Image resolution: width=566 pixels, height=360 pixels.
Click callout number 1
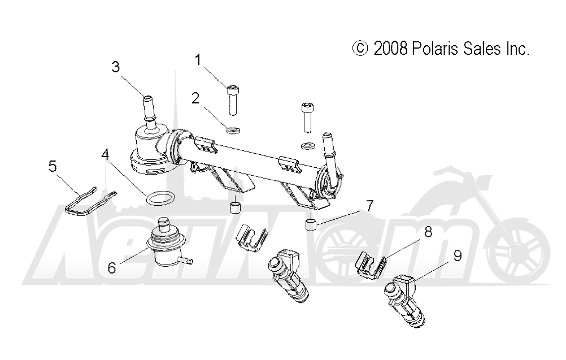click(x=198, y=59)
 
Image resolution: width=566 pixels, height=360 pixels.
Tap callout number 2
click(x=195, y=98)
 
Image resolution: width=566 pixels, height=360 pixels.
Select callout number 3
click(x=115, y=67)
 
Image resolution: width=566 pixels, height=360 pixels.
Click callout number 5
click(x=53, y=166)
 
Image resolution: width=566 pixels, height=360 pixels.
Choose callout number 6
click(x=112, y=267)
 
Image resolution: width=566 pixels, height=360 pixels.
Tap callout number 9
click(x=457, y=255)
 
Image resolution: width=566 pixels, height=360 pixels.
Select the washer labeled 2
click(x=232, y=131)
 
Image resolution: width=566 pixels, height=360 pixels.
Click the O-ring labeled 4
click(x=160, y=197)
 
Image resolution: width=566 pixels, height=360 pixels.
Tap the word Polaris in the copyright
click(x=437, y=49)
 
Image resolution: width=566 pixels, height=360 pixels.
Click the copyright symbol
click(x=359, y=49)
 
